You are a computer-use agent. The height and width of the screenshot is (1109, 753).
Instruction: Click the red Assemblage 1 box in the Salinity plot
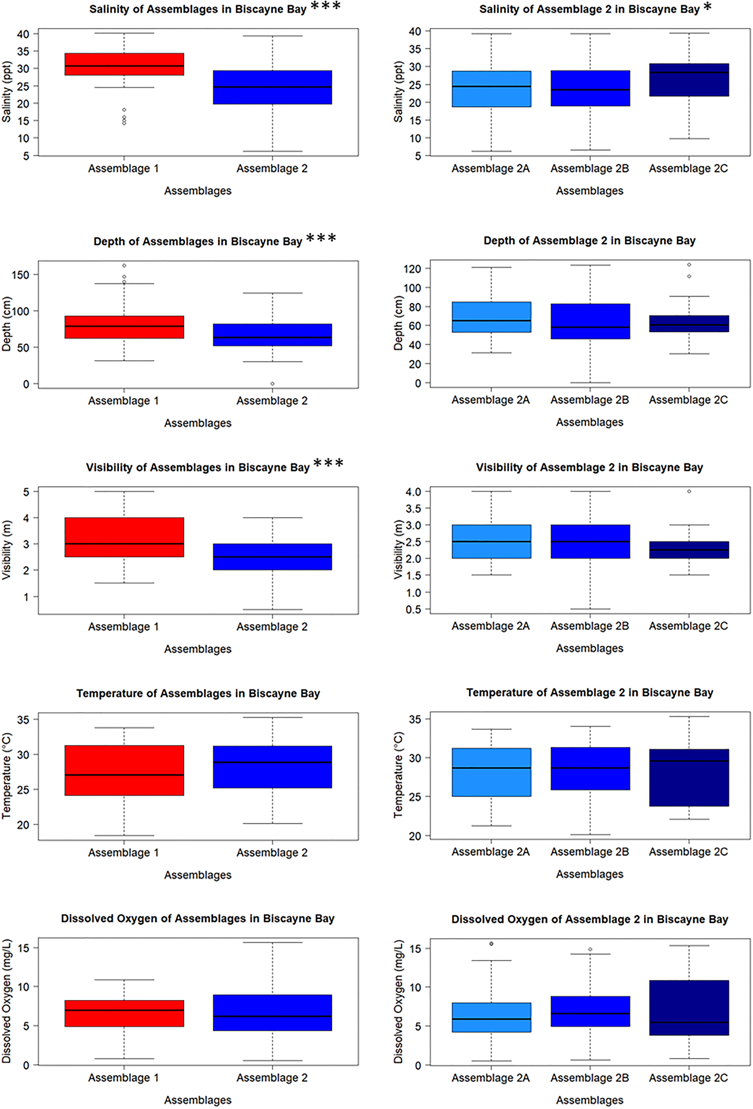pos(124,64)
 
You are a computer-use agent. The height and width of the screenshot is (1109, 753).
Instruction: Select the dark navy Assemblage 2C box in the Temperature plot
pos(689,777)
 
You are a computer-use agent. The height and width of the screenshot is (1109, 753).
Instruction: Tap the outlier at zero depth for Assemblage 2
pos(272,384)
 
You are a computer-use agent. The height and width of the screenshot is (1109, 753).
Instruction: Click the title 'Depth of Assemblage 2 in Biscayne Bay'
pos(589,240)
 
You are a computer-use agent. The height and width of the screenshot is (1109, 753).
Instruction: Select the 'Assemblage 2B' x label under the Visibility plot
pos(589,625)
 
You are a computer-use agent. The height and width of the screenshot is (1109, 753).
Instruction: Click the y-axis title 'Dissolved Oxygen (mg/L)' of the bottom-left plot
pos(7,1001)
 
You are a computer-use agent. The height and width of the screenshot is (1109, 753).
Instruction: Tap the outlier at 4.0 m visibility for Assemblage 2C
pos(689,491)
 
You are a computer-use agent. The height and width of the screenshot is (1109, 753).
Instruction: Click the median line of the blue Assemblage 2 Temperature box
pos(272,762)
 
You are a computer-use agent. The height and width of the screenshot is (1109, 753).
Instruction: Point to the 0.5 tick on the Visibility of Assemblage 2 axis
pos(414,610)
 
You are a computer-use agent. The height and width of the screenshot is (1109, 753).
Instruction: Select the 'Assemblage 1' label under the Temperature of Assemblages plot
pos(123,852)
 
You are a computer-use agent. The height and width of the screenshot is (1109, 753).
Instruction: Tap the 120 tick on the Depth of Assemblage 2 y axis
pos(412,269)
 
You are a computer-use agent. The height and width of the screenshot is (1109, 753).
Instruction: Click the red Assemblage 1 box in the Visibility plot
pos(124,537)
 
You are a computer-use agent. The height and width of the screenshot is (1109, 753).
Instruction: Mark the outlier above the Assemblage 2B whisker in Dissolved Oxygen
pos(590,949)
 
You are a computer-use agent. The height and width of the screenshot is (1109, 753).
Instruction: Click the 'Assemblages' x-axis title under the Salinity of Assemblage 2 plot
pos(589,191)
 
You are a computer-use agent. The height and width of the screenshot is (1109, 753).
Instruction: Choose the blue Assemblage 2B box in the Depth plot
pos(590,321)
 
